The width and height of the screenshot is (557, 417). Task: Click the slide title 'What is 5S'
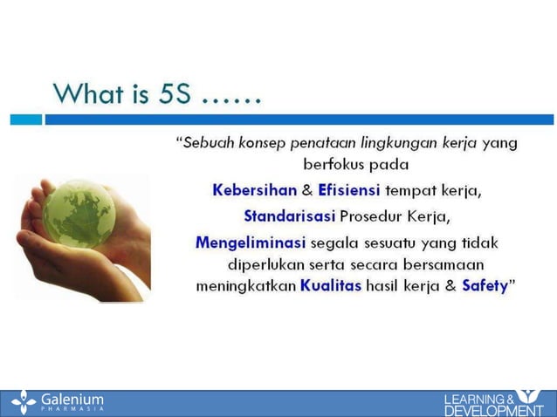157,92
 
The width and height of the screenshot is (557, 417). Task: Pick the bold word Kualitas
330,285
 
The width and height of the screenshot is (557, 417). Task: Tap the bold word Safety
484,285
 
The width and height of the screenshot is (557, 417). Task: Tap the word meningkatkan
245,285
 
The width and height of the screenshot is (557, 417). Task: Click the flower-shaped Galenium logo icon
24,402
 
